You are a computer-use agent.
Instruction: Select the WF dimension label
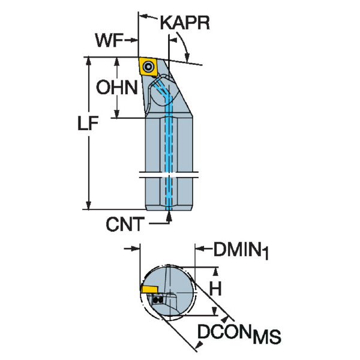109,41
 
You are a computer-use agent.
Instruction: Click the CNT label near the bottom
125,225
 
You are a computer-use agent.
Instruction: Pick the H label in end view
215,289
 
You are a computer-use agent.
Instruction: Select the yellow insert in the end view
150,289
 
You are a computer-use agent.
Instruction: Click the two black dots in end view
158,299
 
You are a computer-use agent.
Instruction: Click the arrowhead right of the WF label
135,42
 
